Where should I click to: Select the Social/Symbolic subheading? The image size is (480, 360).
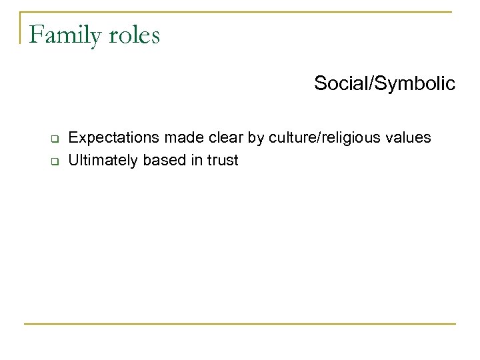tap(385, 84)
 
